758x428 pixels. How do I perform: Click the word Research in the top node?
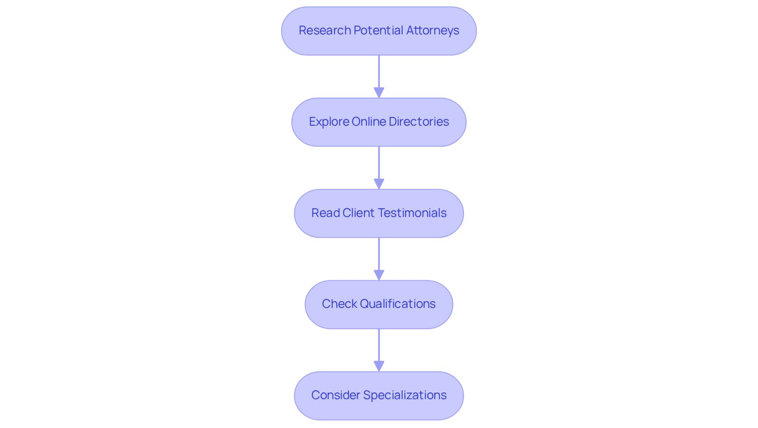point(325,30)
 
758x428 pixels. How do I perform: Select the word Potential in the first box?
point(379,30)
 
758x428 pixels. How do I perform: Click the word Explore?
point(329,122)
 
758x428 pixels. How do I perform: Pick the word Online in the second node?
point(369,121)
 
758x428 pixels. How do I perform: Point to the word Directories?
point(419,121)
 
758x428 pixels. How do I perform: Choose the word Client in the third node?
point(359,213)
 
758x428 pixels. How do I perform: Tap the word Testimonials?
point(413,213)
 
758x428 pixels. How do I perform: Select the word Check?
point(339,304)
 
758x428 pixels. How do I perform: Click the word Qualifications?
point(397,304)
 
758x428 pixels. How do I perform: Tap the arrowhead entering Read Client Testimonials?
point(379,184)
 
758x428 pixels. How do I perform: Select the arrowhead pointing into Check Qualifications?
point(379,275)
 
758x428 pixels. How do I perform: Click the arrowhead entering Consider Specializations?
point(379,366)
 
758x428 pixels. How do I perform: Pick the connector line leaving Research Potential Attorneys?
point(379,72)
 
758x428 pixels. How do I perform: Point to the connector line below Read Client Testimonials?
point(379,254)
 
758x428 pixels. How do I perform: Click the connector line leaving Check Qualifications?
point(379,345)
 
